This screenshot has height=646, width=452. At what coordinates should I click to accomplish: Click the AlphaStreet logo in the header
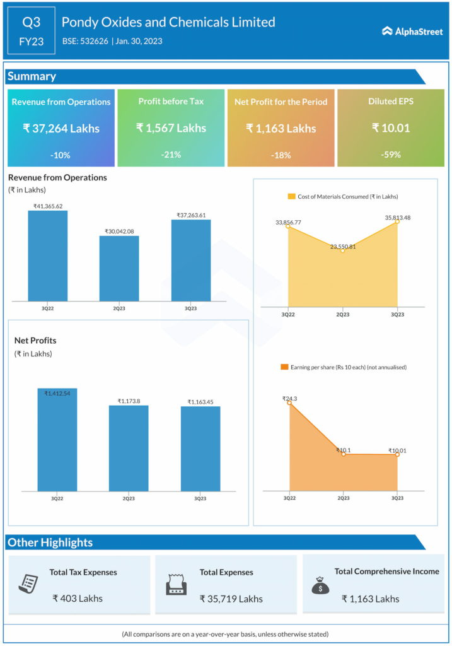pyautogui.click(x=412, y=31)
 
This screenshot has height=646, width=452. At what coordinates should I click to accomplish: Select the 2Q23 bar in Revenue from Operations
pyautogui.click(x=119, y=268)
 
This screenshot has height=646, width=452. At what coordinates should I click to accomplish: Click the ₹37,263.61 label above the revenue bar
pyautogui.click(x=191, y=215)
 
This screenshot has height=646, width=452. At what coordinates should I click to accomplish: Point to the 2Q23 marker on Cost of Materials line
pyautogui.click(x=342, y=250)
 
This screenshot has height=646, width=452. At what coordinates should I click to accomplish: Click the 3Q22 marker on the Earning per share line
pyautogui.click(x=290, y=402)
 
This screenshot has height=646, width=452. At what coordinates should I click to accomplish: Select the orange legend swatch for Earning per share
pyautogui.click(x=284, y=367)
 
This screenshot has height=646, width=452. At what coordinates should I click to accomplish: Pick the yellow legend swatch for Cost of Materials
pyautogui.click(x=292, y=197)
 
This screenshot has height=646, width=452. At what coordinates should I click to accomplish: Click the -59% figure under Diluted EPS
pyautogui.click(x=391, y=155)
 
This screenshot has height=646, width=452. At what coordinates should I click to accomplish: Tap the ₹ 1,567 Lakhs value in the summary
pyautogui.click(x=171, y=128)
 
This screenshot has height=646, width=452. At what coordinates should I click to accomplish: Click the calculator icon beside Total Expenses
pyautogui.click(x=176, y=585)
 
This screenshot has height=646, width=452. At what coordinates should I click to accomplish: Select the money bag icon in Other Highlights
pyautogui.click(x=320, y=585)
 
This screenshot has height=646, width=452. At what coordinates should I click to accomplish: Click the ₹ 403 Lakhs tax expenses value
pyautogui.click(x=78, y=598)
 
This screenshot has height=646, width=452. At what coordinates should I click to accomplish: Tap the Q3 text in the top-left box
pyautogui.click(x=32, y=23)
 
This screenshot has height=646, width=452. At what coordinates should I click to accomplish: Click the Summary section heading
pyautogui.click(x=32, y=76)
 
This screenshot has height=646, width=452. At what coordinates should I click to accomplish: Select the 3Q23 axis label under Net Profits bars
pyautogui.click(x=200, y=498)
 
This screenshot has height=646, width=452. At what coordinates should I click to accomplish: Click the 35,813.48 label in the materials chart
pyautogui.click(x=397, y=218)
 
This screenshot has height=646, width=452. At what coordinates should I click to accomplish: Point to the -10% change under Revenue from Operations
pyautogui.click(x=61, y=155)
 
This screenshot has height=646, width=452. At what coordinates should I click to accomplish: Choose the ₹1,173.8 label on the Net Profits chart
pyautogui.click(x=129, y=401)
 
